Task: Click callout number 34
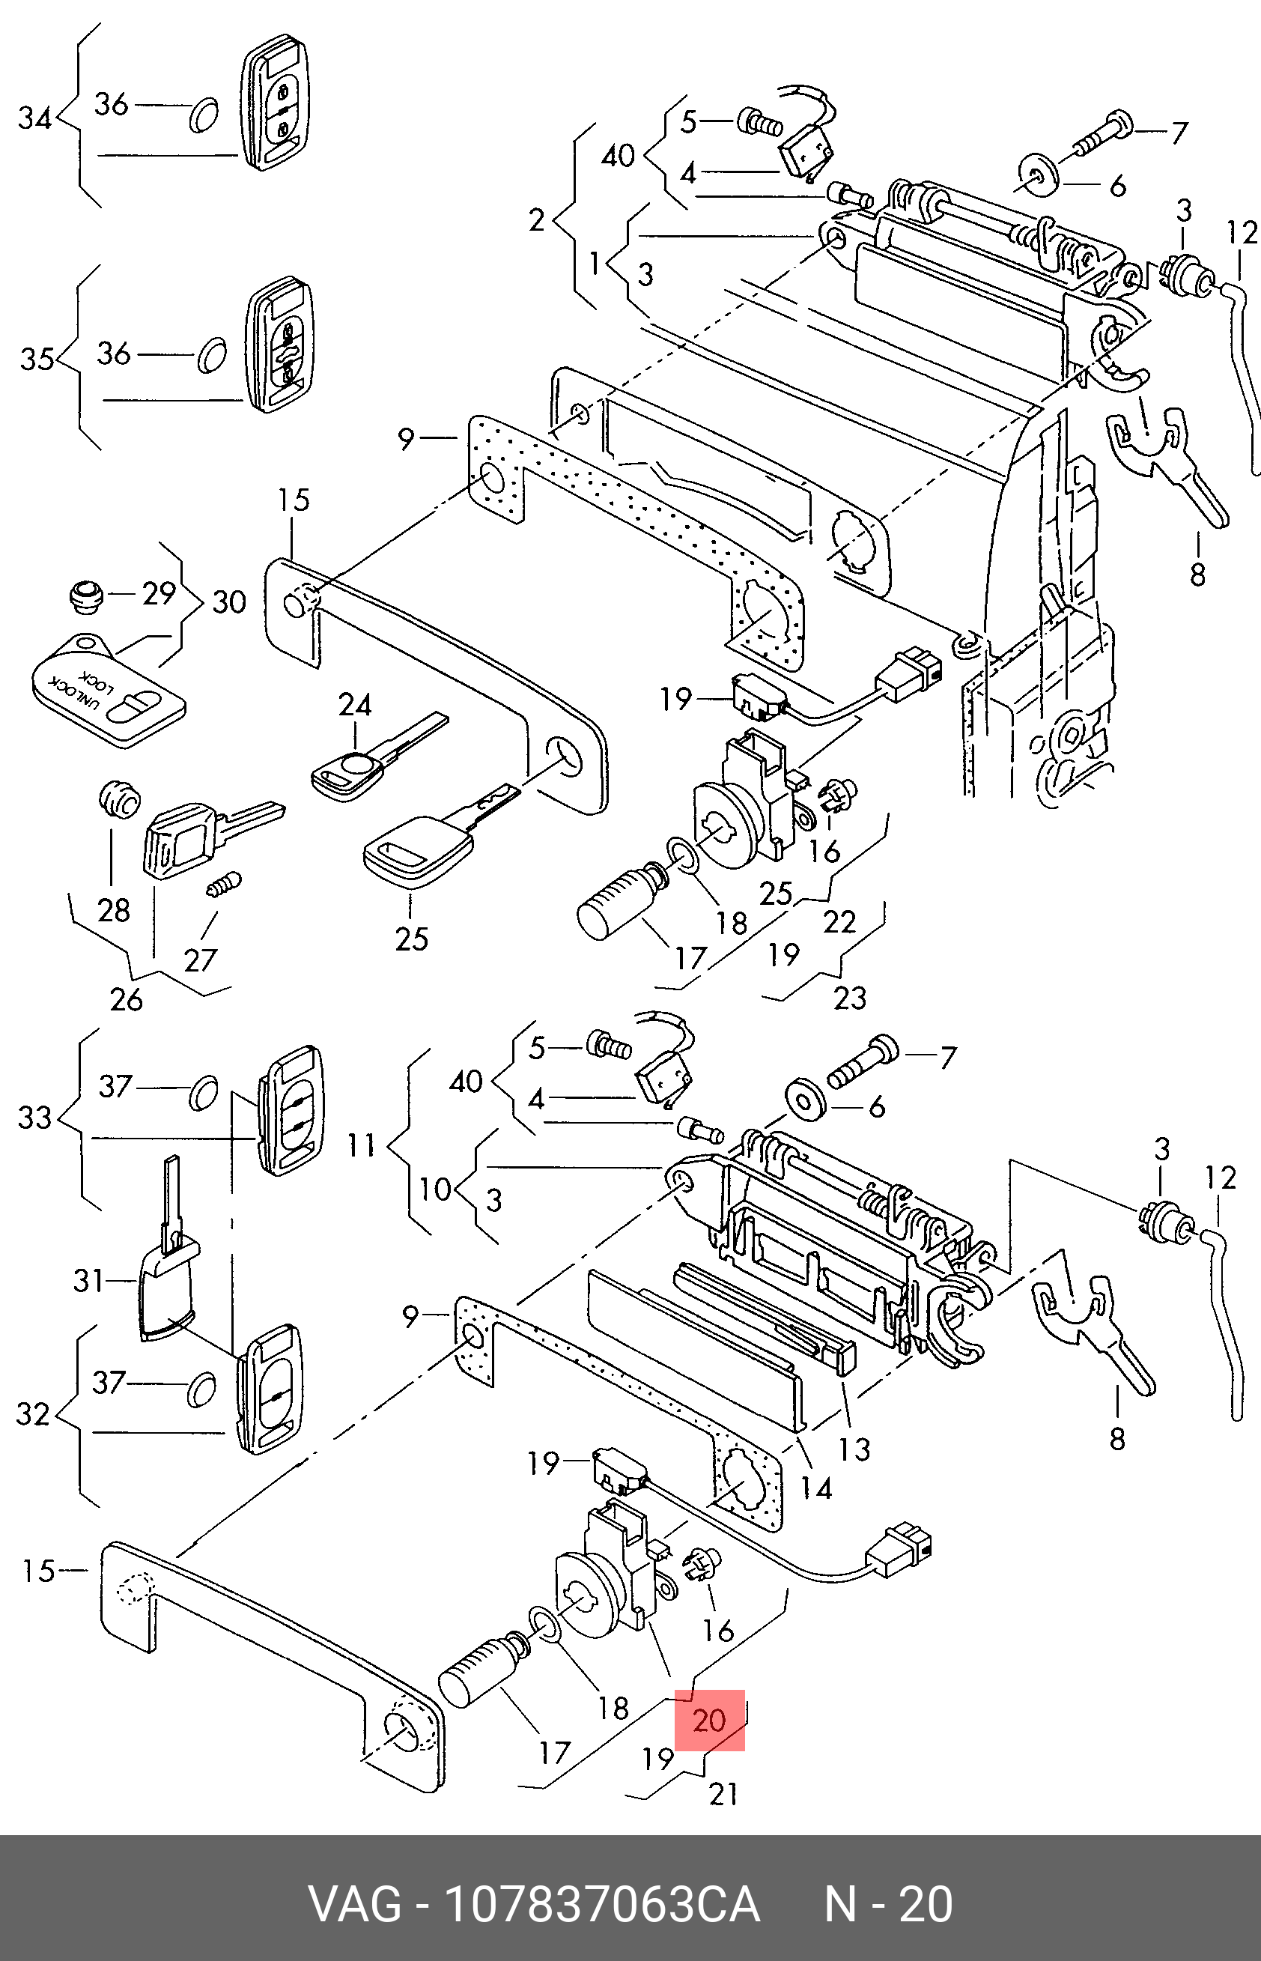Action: (x=35, y=119)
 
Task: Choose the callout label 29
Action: (x=159, y=593)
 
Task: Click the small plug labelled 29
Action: (x=84, y=596)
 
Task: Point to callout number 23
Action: (x=849, y=998)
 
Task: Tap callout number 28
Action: (x=114, y=910)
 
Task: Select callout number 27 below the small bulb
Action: (x=201, y=960)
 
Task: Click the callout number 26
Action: (x=126, y=999)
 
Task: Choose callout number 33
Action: (x=34, y=1118)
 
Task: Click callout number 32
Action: (x=33, y=1415)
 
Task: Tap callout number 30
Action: (x=229, y=602)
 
